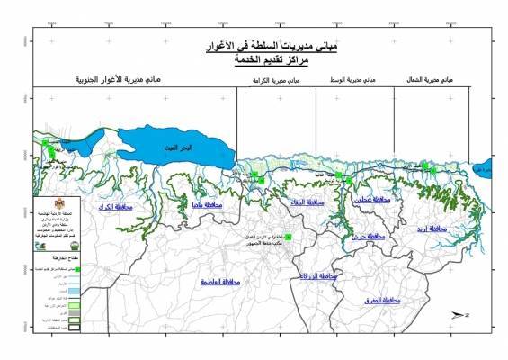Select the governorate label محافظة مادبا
pos(207,206)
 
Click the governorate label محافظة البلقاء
pos(307,203)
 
